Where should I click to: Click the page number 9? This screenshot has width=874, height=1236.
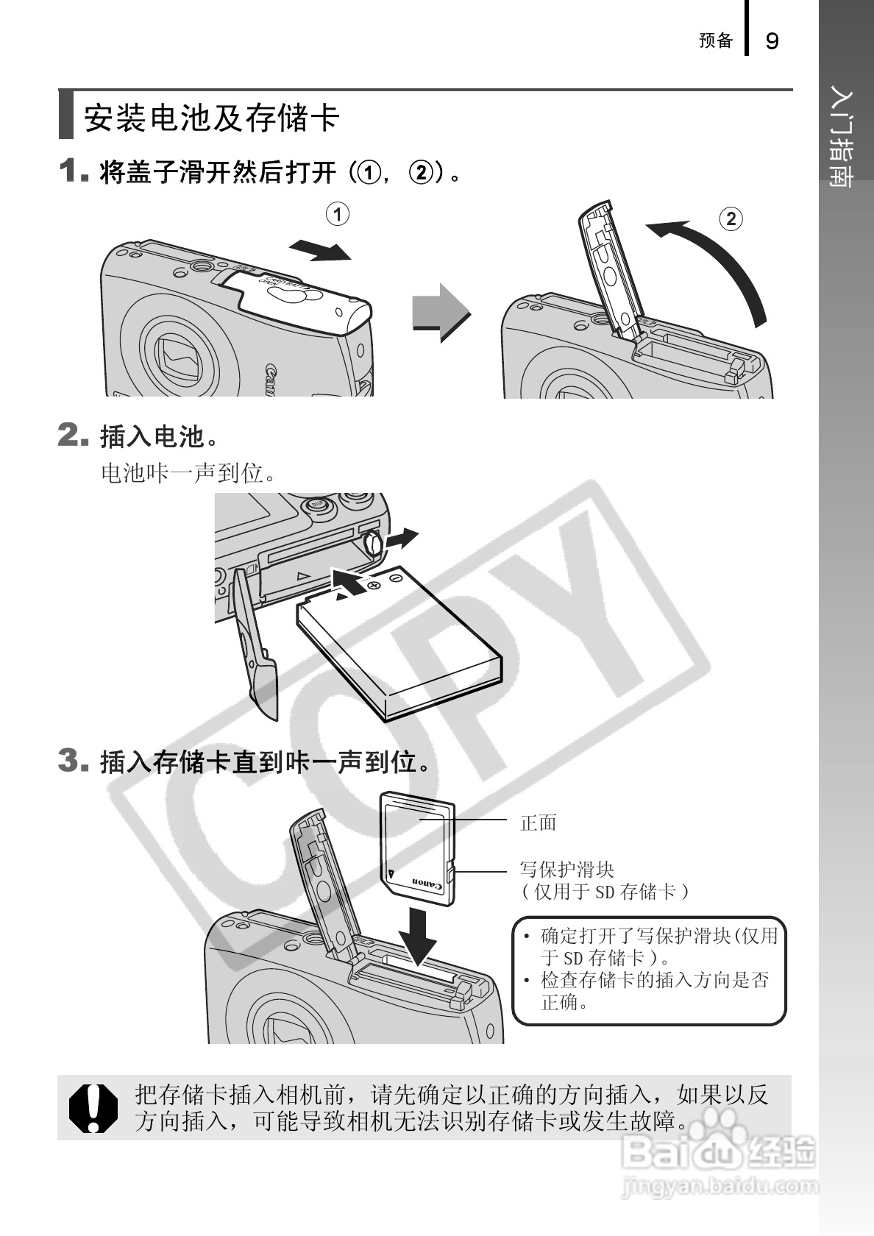coord(772,41)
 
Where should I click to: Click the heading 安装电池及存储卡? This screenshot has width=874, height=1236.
coord(212,118)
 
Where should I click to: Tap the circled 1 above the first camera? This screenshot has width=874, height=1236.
coord(338,214)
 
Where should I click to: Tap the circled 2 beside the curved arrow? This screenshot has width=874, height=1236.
coord(731,219)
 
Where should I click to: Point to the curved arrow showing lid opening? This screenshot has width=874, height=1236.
coord(728,259)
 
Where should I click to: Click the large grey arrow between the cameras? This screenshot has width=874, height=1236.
coord(441,313)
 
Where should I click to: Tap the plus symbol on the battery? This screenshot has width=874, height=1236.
coord(374,585)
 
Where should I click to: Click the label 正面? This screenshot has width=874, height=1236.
coord(539,823)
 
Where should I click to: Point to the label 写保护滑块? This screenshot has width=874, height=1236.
coord(566,870)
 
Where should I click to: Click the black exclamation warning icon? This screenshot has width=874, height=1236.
coord(93,1108)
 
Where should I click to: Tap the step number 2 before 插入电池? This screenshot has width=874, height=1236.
coord(72,435)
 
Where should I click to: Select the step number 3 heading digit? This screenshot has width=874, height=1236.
coord(72,761)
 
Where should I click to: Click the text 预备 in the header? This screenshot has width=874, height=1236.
coord(716,40)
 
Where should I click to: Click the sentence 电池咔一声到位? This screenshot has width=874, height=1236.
coord(188,473)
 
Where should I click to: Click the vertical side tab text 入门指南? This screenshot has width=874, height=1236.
coord(842,138)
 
